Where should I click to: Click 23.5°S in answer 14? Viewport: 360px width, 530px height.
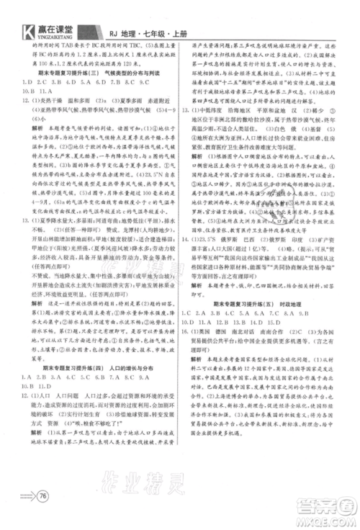tap(210, 237)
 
